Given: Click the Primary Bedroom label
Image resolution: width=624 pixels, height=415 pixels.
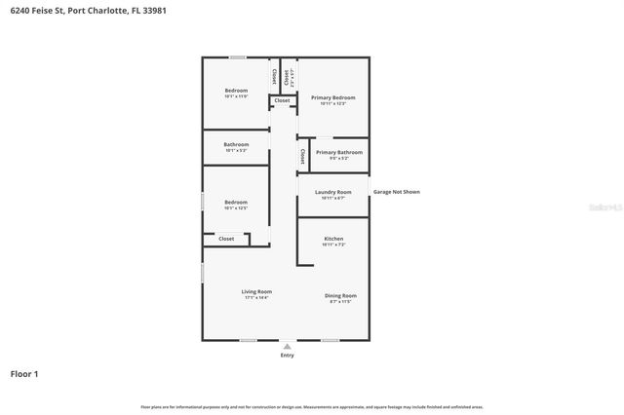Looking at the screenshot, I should click(x=332, y=97).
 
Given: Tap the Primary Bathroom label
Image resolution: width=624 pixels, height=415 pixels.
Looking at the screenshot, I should click(x=339, y=153).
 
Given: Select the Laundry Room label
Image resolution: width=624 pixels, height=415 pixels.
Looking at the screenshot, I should click(x=332, y=193).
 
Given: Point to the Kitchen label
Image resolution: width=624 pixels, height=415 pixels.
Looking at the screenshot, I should click(x=332, y=239).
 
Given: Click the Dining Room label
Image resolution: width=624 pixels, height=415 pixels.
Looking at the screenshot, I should click(x=340, y=295).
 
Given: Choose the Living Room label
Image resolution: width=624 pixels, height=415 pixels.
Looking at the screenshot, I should click(x=256, y=292).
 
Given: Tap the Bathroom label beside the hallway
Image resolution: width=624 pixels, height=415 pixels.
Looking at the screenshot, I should click(x=236, y=145).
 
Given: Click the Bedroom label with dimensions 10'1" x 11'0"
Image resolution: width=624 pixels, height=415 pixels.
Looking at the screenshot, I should click(x=236, y=91).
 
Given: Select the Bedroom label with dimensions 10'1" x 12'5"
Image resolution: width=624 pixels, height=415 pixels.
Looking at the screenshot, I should click(x=236, y=203).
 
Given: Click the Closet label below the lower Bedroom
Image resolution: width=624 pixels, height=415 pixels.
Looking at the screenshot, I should click(x=226, y=238).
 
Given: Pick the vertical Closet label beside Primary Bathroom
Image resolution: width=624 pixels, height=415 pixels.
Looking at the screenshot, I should click(x=303, y=156).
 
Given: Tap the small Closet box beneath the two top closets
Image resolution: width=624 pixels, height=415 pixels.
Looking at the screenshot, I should click(x=282, y=100).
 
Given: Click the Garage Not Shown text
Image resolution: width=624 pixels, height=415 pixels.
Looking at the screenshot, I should click(x=397, y=192).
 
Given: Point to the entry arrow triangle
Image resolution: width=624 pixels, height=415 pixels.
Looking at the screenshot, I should click(x=287, y=345).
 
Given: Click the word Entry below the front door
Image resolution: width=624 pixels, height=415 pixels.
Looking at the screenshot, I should click(x=287, y=356).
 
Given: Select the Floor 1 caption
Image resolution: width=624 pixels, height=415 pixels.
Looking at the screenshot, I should click(x=24, y=373).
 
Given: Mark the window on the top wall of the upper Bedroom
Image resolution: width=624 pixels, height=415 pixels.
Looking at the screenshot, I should click(x=237, y=57).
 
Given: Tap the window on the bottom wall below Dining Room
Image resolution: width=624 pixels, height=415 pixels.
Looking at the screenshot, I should click(x=331, y=340).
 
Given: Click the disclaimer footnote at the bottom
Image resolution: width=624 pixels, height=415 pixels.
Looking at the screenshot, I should click(x=311, y=406).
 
